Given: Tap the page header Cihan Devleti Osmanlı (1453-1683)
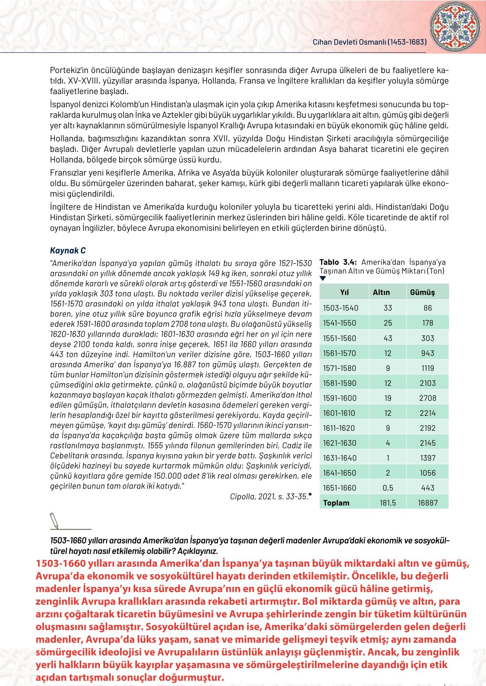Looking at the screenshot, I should [x=369, y=42].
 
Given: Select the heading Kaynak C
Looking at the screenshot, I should [x=68, y=250].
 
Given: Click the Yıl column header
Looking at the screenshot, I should [x=344, y=292].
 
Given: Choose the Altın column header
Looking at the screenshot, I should [x=381, y=292].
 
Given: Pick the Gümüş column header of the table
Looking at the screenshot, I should [x=422, y=292].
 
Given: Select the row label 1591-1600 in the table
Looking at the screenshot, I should [x=340, y=398].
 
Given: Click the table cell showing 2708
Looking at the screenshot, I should [x=428, y=398].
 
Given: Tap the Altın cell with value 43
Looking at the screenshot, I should [x=387, y=338].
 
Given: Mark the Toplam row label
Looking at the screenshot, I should [x=336, y=503].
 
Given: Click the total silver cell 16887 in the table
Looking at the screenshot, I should [x=428, y=503].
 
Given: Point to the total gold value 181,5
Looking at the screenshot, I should [x=387, y=503].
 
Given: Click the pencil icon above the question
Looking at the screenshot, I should [x=54, y=520].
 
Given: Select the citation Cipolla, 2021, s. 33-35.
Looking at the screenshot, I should [x=269, y=496].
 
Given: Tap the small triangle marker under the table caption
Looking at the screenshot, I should [x=323, y=278].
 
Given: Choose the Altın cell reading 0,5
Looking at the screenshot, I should [x=387, y=488].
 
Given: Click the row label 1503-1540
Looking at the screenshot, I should [x=340, y=308].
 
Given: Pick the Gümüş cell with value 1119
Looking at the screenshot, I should [x=428, y=368].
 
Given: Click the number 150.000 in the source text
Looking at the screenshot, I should [x=169, y=476].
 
